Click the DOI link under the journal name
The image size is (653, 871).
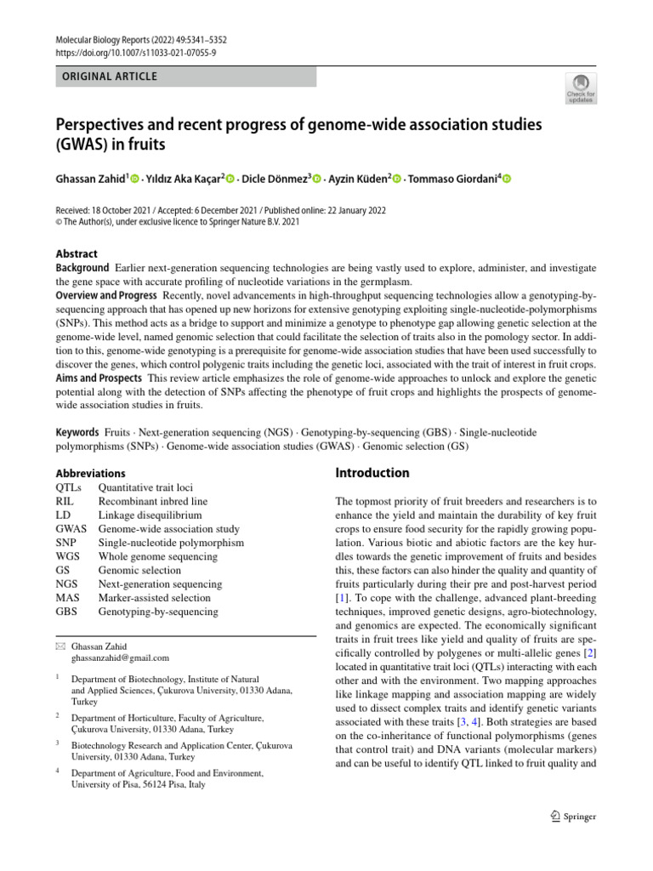click(x=135, y=53)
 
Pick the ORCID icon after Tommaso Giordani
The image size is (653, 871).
click(x=507, y=179)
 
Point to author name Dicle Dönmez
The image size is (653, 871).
click(x=275, y=179)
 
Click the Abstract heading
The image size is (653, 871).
click(x=77, y=253)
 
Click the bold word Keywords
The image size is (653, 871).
click(x=77, y=432)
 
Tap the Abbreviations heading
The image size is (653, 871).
click(x=90, y=473)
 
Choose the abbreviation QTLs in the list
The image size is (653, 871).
click(x=70, y=488)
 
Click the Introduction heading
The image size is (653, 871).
click(x=372, y=473)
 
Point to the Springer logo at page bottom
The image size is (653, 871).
click(x=568, y=817)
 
